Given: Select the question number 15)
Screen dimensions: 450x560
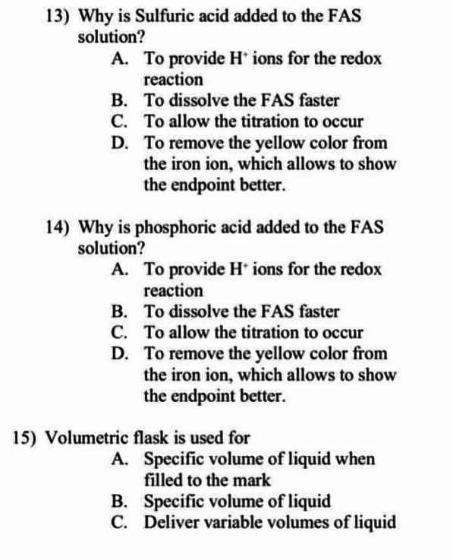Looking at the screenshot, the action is [x=29, y=438].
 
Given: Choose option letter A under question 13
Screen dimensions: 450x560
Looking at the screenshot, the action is [x=118, y=58].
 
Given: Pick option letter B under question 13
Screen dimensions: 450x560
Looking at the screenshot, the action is [x=118, y=100].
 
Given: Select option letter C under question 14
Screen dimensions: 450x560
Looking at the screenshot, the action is [x=118, y=332].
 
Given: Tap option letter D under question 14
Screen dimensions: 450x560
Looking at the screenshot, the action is [x=118, y=353].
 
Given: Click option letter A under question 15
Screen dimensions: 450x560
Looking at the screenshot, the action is [x=118, y=459].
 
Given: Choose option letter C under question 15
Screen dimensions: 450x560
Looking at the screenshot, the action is [x=118, y=522].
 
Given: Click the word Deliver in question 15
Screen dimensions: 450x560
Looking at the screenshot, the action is [x=169, y=522].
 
